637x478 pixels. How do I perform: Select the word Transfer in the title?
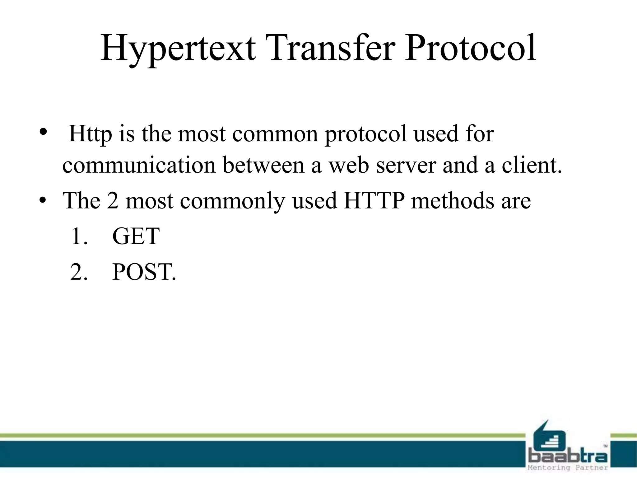pos(330,48)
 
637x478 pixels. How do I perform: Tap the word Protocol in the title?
pos(470,48)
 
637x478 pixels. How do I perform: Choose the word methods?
pos(452,201)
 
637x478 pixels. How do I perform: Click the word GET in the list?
pos(136,237)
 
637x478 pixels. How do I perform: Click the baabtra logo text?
pos(568,456)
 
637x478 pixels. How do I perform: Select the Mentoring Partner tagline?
pos(568,468)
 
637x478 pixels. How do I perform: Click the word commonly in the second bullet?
pos(232,201)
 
